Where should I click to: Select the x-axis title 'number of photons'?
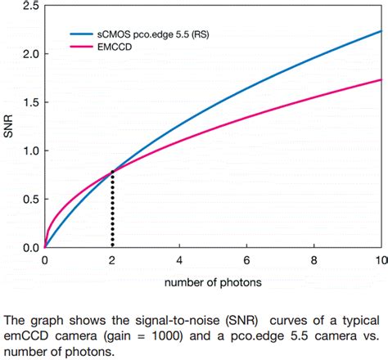point(213,283)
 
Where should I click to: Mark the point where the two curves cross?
point(112,171)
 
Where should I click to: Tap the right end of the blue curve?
point(381,31)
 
